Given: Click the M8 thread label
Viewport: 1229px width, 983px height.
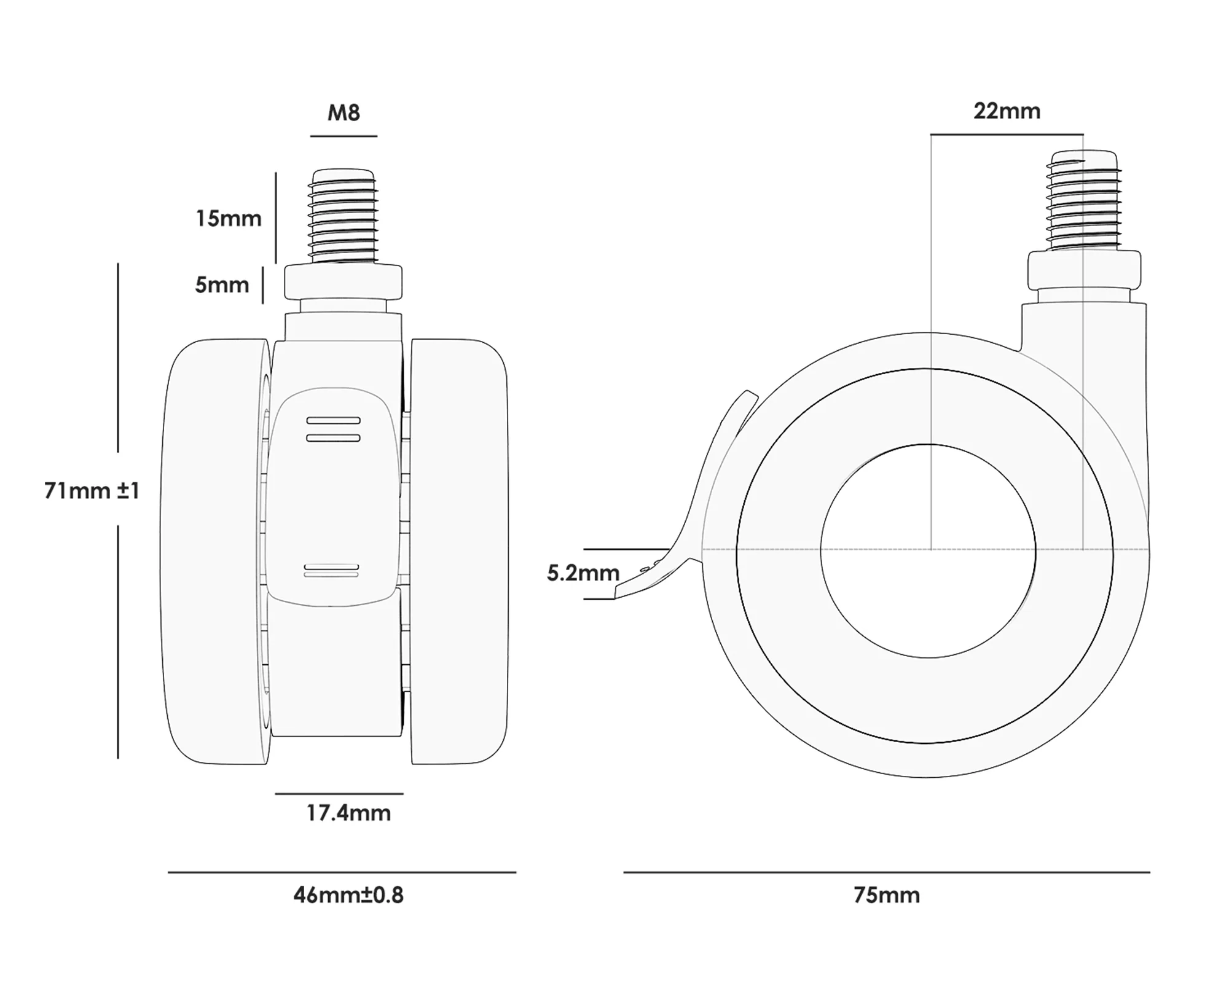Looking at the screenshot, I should pos(344,112).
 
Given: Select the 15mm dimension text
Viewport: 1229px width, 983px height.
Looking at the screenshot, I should pos(229,219).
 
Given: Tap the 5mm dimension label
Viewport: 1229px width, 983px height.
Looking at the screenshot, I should pos(222,285).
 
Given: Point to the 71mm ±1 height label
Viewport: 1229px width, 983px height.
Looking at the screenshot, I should pos(92,491).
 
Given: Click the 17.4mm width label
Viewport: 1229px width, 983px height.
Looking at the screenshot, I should pos(348,813).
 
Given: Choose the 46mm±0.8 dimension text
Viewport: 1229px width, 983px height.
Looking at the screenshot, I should pos(348,895).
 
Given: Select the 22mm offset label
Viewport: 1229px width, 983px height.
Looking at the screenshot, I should pos(1007,111).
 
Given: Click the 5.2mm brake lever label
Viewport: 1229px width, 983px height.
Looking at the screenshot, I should pos(583,573).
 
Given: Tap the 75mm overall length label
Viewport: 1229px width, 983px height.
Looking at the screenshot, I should pos(887,895).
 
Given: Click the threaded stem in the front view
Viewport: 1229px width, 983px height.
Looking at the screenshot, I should pos(343,215).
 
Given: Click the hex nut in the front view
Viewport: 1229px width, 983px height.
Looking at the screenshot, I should pos(343,281).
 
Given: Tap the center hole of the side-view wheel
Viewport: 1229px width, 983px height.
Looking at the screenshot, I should pos(928,550).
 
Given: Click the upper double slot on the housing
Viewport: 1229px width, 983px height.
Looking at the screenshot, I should pos(333,429).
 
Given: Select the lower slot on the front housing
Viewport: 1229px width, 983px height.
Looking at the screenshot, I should pos(331,571).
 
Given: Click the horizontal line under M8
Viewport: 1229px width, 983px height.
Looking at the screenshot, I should pos(344,136).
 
